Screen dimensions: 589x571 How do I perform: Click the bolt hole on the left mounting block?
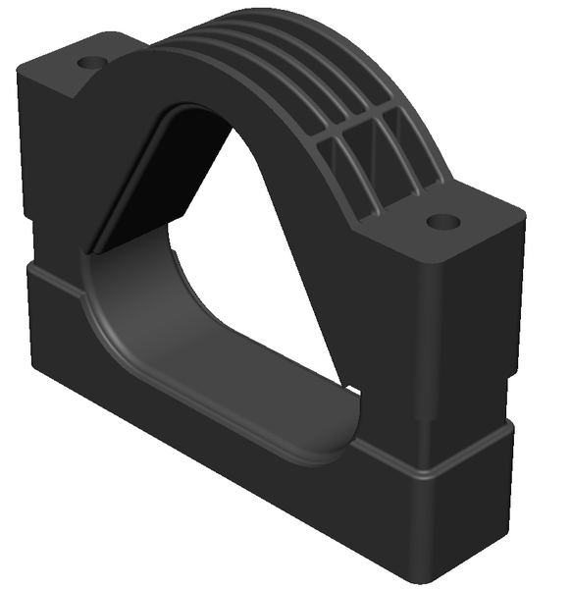[91, 62]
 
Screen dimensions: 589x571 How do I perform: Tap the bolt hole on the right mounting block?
[443, 223]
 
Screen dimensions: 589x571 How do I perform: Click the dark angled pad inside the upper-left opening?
[147, 177]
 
